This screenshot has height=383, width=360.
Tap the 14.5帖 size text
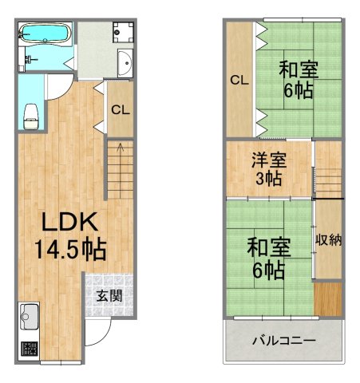point(70,250)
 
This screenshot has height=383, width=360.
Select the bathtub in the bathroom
point(45,34)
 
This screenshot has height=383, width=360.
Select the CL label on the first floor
point(121,110)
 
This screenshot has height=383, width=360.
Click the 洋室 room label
point(269,159)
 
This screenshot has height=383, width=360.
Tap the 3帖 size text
point(269,179)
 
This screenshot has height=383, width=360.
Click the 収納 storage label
point(329,239)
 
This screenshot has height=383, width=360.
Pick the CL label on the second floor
point(239,80)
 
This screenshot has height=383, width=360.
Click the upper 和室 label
point(299,69)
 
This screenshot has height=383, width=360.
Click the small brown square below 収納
point(328,298)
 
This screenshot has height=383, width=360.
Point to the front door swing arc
point(95,334)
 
